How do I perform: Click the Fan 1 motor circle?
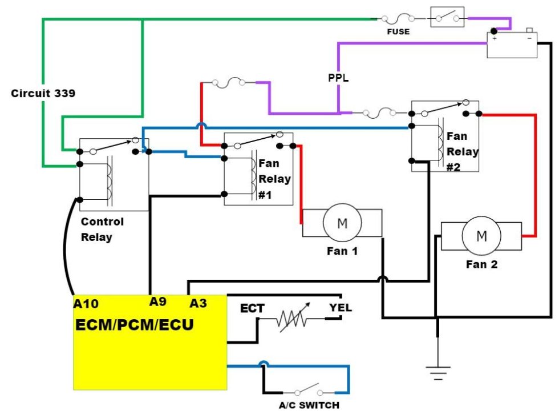click(x=342, y=223)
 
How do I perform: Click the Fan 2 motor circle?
click(x=481, y=236)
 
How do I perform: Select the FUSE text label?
click(x=398, y=32)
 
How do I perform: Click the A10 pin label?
click(x=86, y=304)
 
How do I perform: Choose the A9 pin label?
click(x=159, y=302)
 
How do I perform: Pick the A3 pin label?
click(x=198, y=303)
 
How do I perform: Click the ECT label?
click(x=252, y=309)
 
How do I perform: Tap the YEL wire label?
click(x=340, y=308)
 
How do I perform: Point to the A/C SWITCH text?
click(x=309, y=405)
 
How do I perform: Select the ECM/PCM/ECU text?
click(x=135, y=325)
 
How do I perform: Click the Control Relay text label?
click(x=102, y=229)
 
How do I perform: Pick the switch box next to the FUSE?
click(x=447, y=18)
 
